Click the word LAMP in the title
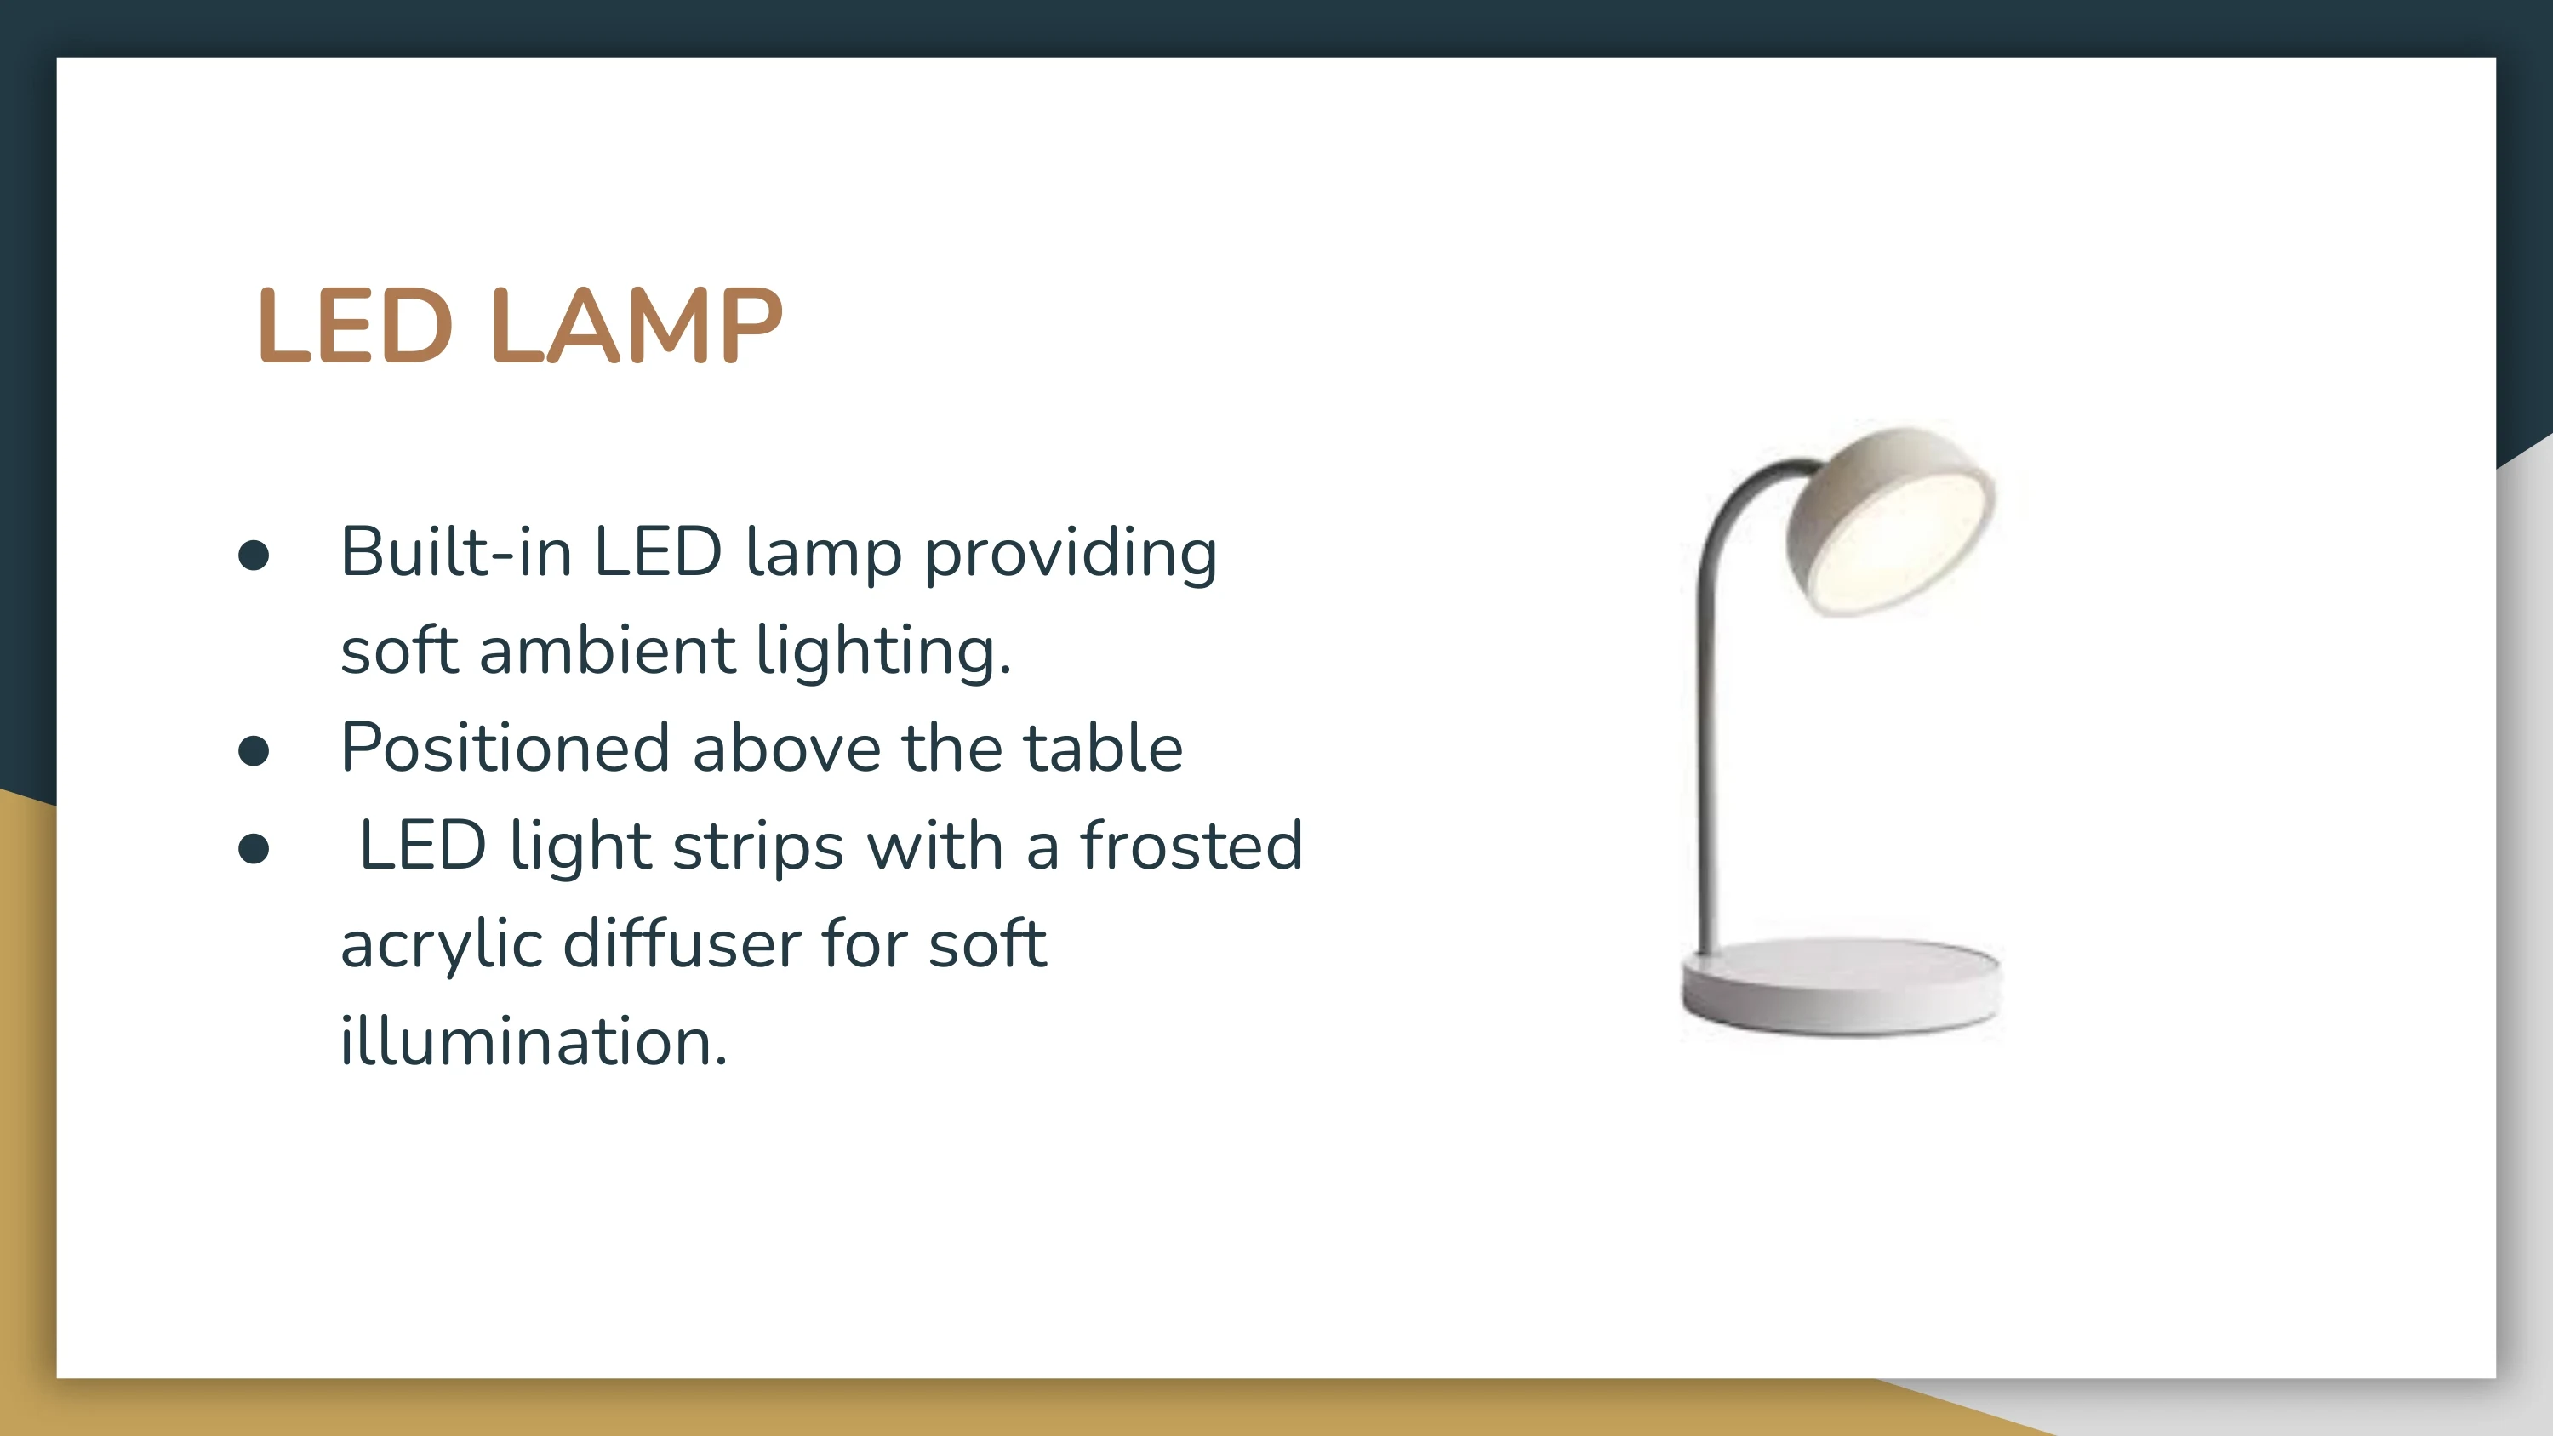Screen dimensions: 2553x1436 tap(637, 326)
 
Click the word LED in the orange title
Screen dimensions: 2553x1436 tap(355, 326)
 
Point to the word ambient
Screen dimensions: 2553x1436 tap(607, 650)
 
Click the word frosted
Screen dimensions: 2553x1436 tap(1191, 845)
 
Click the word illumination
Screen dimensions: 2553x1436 tap(534, 1040)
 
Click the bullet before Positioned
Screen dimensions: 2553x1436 tap(254, 751)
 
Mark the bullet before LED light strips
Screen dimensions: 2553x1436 tap(254, 849)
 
